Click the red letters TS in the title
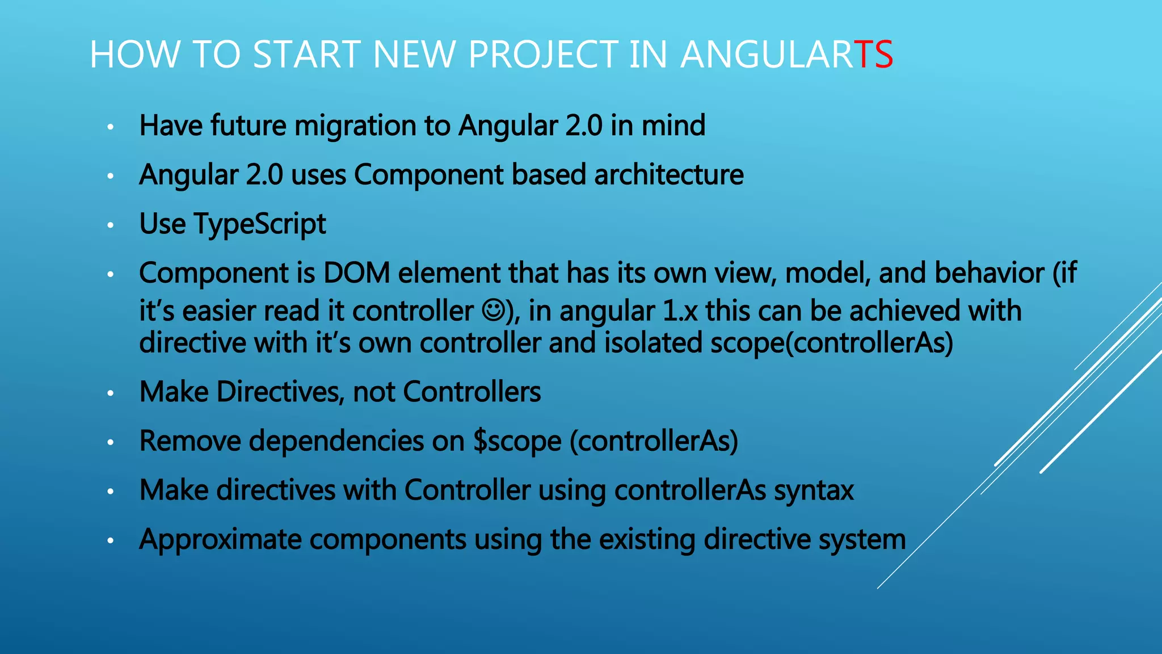point(873,54)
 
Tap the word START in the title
point(306,54)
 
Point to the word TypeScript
point(260,224)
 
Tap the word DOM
point(356,273)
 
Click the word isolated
point(652,343)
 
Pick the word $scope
point(517,442)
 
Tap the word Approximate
point(220,540)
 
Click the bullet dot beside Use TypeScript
point(111,225)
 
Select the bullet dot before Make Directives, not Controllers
point(111,393)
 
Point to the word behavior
point(990,273)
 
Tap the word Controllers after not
point(471,392)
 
